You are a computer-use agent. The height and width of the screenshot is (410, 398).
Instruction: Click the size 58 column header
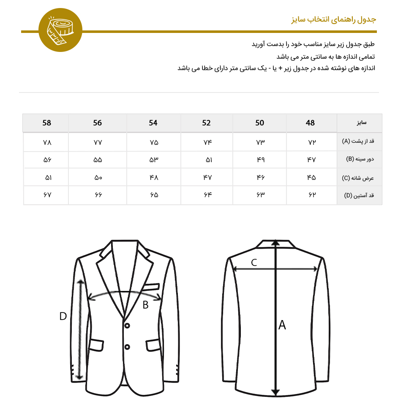point(46,123)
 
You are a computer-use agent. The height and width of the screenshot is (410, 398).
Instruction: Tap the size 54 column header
point(153,123)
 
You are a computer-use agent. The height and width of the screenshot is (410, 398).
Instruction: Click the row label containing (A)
point(359,142)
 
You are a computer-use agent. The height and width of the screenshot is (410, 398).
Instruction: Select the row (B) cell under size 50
point(259,160)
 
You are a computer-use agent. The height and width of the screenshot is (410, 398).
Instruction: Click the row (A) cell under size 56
point(98,142)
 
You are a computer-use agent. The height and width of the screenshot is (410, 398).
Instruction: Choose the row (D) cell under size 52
point(207,195)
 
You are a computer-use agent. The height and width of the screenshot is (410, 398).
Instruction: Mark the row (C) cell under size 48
point(311,178)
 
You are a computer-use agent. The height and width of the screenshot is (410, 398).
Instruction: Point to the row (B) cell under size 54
point(154,160)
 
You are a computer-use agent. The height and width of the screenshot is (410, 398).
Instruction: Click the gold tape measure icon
point(60,30)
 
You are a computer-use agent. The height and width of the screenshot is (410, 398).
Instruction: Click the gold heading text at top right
point(333,19)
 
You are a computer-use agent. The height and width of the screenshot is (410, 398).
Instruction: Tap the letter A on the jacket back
point(282,325)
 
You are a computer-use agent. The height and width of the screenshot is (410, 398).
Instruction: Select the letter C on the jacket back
point(254,263)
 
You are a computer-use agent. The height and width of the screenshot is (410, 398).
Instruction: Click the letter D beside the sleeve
point(63,316)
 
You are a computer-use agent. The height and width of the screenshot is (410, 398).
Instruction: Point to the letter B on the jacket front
point(145,305)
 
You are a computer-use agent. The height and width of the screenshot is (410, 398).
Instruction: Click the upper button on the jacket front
point(127,325)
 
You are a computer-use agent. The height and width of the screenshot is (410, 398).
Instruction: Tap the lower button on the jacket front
point(127,347)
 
